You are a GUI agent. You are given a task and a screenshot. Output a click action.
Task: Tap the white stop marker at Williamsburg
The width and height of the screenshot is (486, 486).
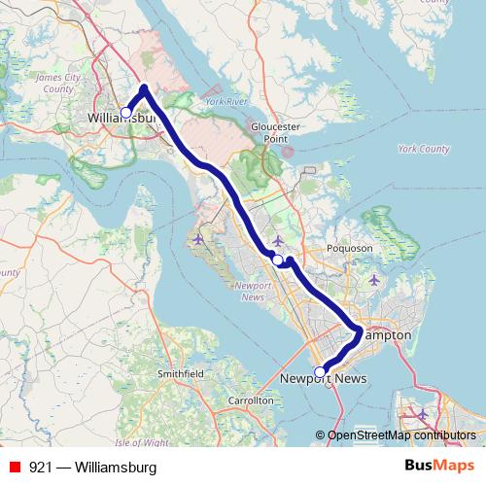(x=125, y=112)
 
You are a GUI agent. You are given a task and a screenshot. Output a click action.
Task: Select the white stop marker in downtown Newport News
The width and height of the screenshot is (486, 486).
(x=320, y=370)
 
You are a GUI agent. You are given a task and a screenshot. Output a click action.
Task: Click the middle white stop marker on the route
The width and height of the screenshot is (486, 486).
(x=278, y=260)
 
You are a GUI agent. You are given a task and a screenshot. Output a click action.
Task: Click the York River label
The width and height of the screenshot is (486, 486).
(x=228, y=101)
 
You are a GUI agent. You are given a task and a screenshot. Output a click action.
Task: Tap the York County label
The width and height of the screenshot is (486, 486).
(x=424, y=150)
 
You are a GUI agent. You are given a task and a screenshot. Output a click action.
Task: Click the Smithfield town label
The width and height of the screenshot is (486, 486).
(x=182, y=372)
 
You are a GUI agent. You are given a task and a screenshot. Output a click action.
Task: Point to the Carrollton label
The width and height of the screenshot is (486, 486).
(x=251, y=399)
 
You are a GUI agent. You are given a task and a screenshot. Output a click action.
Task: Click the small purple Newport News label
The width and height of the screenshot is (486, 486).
(x=252, y=292)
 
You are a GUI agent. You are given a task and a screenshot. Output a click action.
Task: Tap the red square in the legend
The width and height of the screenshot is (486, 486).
(x=12, y=467)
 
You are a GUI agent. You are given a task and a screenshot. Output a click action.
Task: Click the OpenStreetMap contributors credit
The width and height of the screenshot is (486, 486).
(x=401, y=434)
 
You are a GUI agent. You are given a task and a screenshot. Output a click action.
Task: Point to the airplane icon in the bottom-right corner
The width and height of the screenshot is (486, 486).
(x=423, y=415)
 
